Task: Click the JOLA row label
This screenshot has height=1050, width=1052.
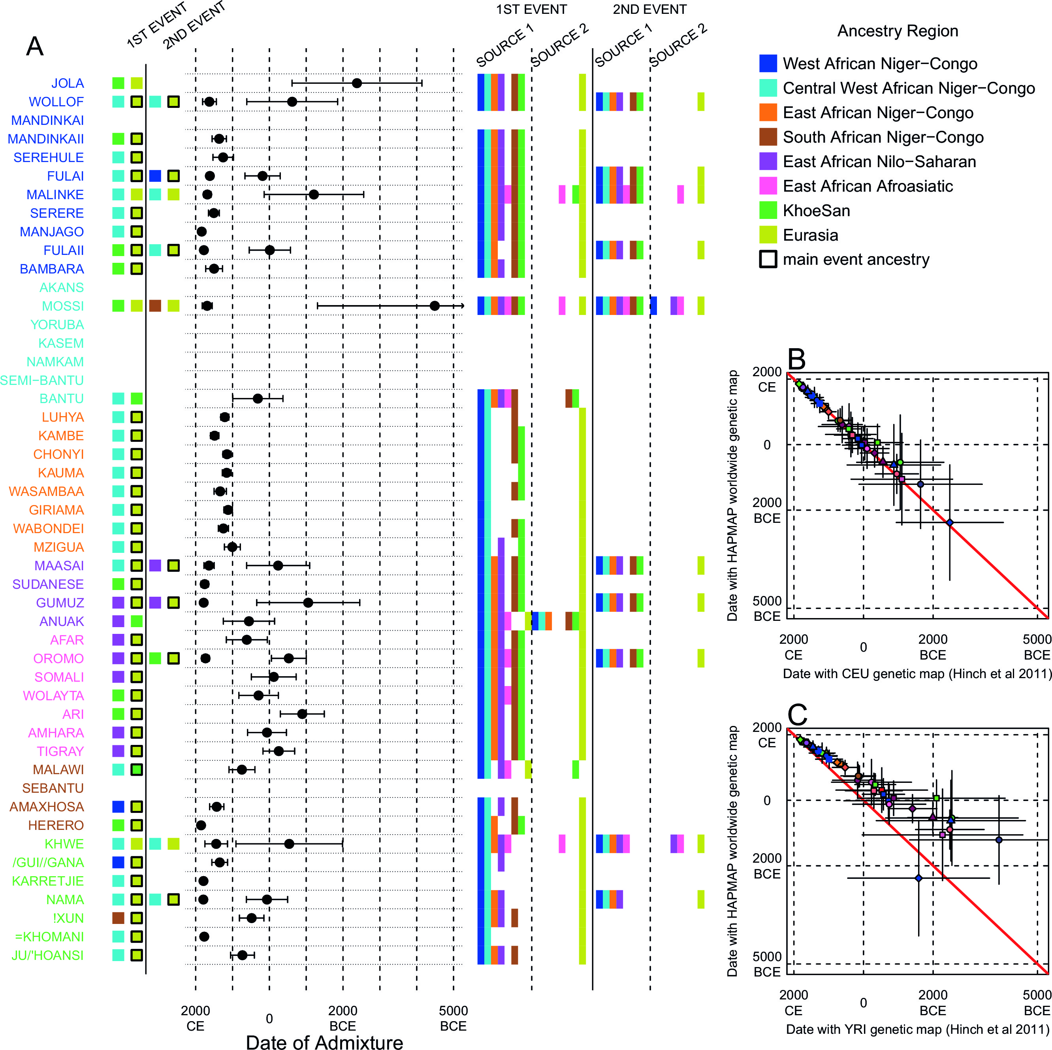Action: (x=67, y=83)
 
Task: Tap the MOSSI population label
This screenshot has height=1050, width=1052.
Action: (x=63, y=306)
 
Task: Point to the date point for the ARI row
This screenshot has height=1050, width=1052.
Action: (x=302, y=714)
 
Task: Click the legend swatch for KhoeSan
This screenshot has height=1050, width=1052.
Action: (x=768, y=210)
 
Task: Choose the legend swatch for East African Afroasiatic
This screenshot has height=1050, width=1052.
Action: (x=768, y=186)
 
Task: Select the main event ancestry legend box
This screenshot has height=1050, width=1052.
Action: (x=768, y=259)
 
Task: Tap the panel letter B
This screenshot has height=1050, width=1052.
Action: (x=797, y=360)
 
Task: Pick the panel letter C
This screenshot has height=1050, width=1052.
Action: (x=797, y=714)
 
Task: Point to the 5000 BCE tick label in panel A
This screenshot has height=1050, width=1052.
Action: (x=453, y=1018)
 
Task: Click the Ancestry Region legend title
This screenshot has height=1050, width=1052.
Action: (x=898, y=31)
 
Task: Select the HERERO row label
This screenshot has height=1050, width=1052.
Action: (x=56, y=826)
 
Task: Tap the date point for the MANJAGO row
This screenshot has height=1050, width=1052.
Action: (x=201, y=232)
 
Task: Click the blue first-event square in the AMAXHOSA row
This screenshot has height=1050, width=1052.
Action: (x=118, y=807)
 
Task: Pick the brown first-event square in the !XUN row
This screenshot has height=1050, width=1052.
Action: (x=118, y=918)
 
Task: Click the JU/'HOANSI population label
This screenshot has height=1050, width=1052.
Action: (x=47, y=955)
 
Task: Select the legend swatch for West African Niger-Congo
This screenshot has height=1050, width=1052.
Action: (x=768, y=63)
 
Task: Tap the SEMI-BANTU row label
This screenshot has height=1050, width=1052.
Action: (x=42, y=380)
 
